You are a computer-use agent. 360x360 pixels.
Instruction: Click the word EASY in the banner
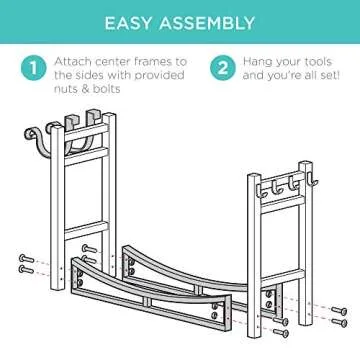click(x=129, y=23)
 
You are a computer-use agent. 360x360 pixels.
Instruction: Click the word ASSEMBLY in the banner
click(x=207, y=23)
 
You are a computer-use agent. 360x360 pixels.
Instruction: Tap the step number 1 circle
click(x=33, y=68)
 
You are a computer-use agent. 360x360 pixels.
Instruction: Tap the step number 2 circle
click(x=223, y=68)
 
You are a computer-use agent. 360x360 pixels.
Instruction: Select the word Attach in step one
click(x=73, y=62)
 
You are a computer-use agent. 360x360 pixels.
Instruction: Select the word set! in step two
click(x=327, y=75)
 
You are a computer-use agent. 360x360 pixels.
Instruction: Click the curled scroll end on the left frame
click(x=31, y=134)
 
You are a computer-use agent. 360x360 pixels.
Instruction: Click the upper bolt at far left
click(x=26, y=258)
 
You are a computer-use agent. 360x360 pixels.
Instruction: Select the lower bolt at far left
click(x=26, y=269)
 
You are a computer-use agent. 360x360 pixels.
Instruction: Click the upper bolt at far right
click(x=339, y=311)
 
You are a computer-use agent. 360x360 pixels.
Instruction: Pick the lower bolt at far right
click(x=339, y=322)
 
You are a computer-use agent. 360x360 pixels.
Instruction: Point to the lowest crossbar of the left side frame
click(x=86, y=230)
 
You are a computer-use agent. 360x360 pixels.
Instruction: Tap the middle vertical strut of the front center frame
click(x=148, y=302)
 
